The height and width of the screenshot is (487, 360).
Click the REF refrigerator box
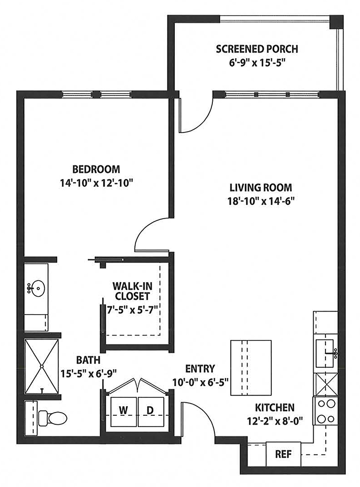[x=284, y=454]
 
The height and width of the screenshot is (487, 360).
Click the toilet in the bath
[x=53, y=418]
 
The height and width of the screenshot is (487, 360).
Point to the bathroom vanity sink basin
[x=37, y=288]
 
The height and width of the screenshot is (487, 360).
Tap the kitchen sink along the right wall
[x=325, y=354]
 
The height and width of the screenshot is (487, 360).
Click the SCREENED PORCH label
[x=257, y=49]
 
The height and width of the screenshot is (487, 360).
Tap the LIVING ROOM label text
[x=261, y=187]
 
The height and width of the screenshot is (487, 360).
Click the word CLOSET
[x=133, y=296]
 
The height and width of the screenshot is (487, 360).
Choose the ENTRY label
[x=200, y=369]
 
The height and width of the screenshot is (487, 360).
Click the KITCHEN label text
[x=275, y=407]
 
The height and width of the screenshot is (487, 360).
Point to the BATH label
[x=88, y=360]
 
